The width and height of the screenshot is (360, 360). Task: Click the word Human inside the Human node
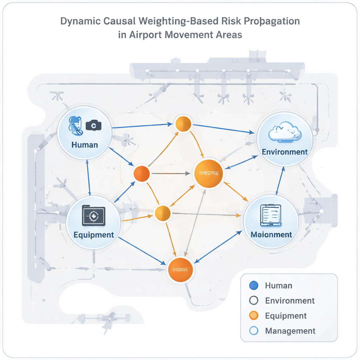(84, 144)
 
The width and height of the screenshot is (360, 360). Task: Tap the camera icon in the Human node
(94, 125)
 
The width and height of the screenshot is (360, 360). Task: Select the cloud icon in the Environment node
(285, 132)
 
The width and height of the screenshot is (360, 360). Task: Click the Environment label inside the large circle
(285, 152)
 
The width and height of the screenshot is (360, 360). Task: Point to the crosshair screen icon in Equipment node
(94, 216)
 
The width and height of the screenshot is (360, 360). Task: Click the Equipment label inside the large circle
(94, 235)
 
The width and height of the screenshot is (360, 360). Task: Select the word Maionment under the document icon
(271, 234)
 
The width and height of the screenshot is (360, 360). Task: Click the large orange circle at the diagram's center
(208, 173)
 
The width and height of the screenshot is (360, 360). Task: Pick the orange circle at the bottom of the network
(181, 270)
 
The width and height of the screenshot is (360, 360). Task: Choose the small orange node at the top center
(183, 124)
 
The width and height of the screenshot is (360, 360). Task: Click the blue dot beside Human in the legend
(253, 285)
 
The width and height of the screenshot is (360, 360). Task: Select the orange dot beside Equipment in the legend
(253, 316)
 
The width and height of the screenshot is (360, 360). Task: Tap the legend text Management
(290, 331)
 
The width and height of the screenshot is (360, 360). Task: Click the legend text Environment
(290, 301)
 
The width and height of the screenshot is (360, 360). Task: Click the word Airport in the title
(150, 35)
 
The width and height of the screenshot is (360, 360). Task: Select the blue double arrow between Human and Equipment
(88, 177)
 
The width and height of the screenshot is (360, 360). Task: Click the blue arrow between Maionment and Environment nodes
(280, 180)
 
